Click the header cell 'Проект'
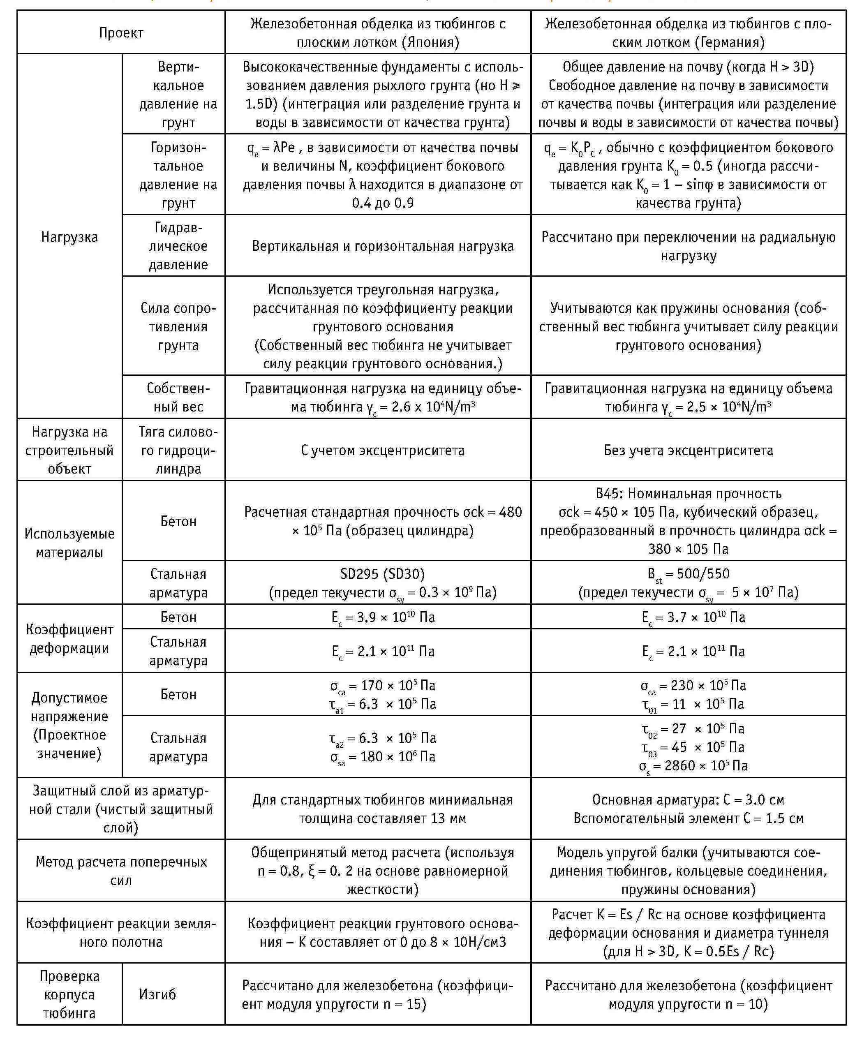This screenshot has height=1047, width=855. click(x=121, y=33)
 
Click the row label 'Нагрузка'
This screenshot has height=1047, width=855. click(x=69, y=237)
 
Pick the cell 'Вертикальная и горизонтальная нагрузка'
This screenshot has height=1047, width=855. click(x=383, y=246)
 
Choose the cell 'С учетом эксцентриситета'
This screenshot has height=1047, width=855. click(x=383, y=450)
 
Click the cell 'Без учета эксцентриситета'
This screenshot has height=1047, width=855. click(x=688, y=450)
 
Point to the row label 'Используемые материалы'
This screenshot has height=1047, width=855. click(x=69, y=543)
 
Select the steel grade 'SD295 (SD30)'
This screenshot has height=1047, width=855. click(x=383, y=574)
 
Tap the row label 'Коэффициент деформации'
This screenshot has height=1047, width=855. click(x=69, y=639)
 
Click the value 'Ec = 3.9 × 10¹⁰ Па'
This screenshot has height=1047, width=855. click(x=383, y=617)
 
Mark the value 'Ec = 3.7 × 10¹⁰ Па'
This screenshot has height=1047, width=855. click(x=693, y=617)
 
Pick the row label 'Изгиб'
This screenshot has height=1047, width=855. click(x=157, y=994)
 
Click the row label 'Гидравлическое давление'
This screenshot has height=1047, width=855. click(x=178, y=246)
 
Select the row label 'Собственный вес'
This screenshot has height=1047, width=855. click(x=178, y=398)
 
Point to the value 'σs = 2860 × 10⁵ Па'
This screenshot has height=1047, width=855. click(x=693, y=766)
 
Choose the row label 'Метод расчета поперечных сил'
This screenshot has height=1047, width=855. click(x=121, y=871)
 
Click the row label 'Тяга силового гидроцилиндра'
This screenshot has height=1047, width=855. click(x=178, y=450)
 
